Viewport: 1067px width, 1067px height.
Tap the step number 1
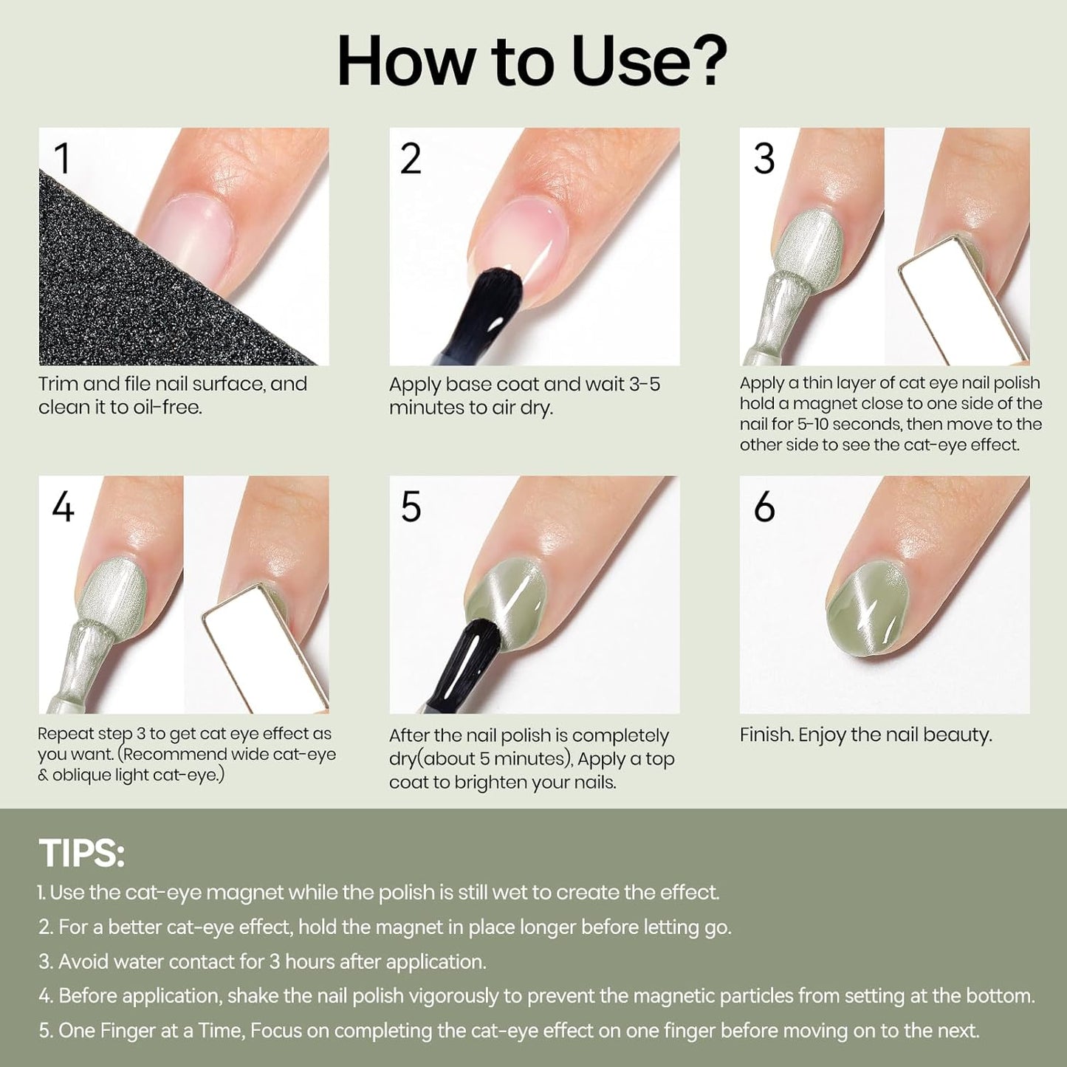click(x=62, y=159)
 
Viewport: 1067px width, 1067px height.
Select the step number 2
click(x=411, y=159)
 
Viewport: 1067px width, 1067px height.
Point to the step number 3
click(x=764, y=159)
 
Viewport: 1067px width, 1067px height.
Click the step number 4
click(x=63, y=507)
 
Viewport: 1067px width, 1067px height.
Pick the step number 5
click(x=411, y=507)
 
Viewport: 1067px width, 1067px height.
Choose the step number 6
click(x=764, y=507)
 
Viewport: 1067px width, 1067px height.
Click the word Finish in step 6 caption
click(x=766, y=735)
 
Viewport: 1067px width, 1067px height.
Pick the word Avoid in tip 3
click(x=83, y=961)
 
